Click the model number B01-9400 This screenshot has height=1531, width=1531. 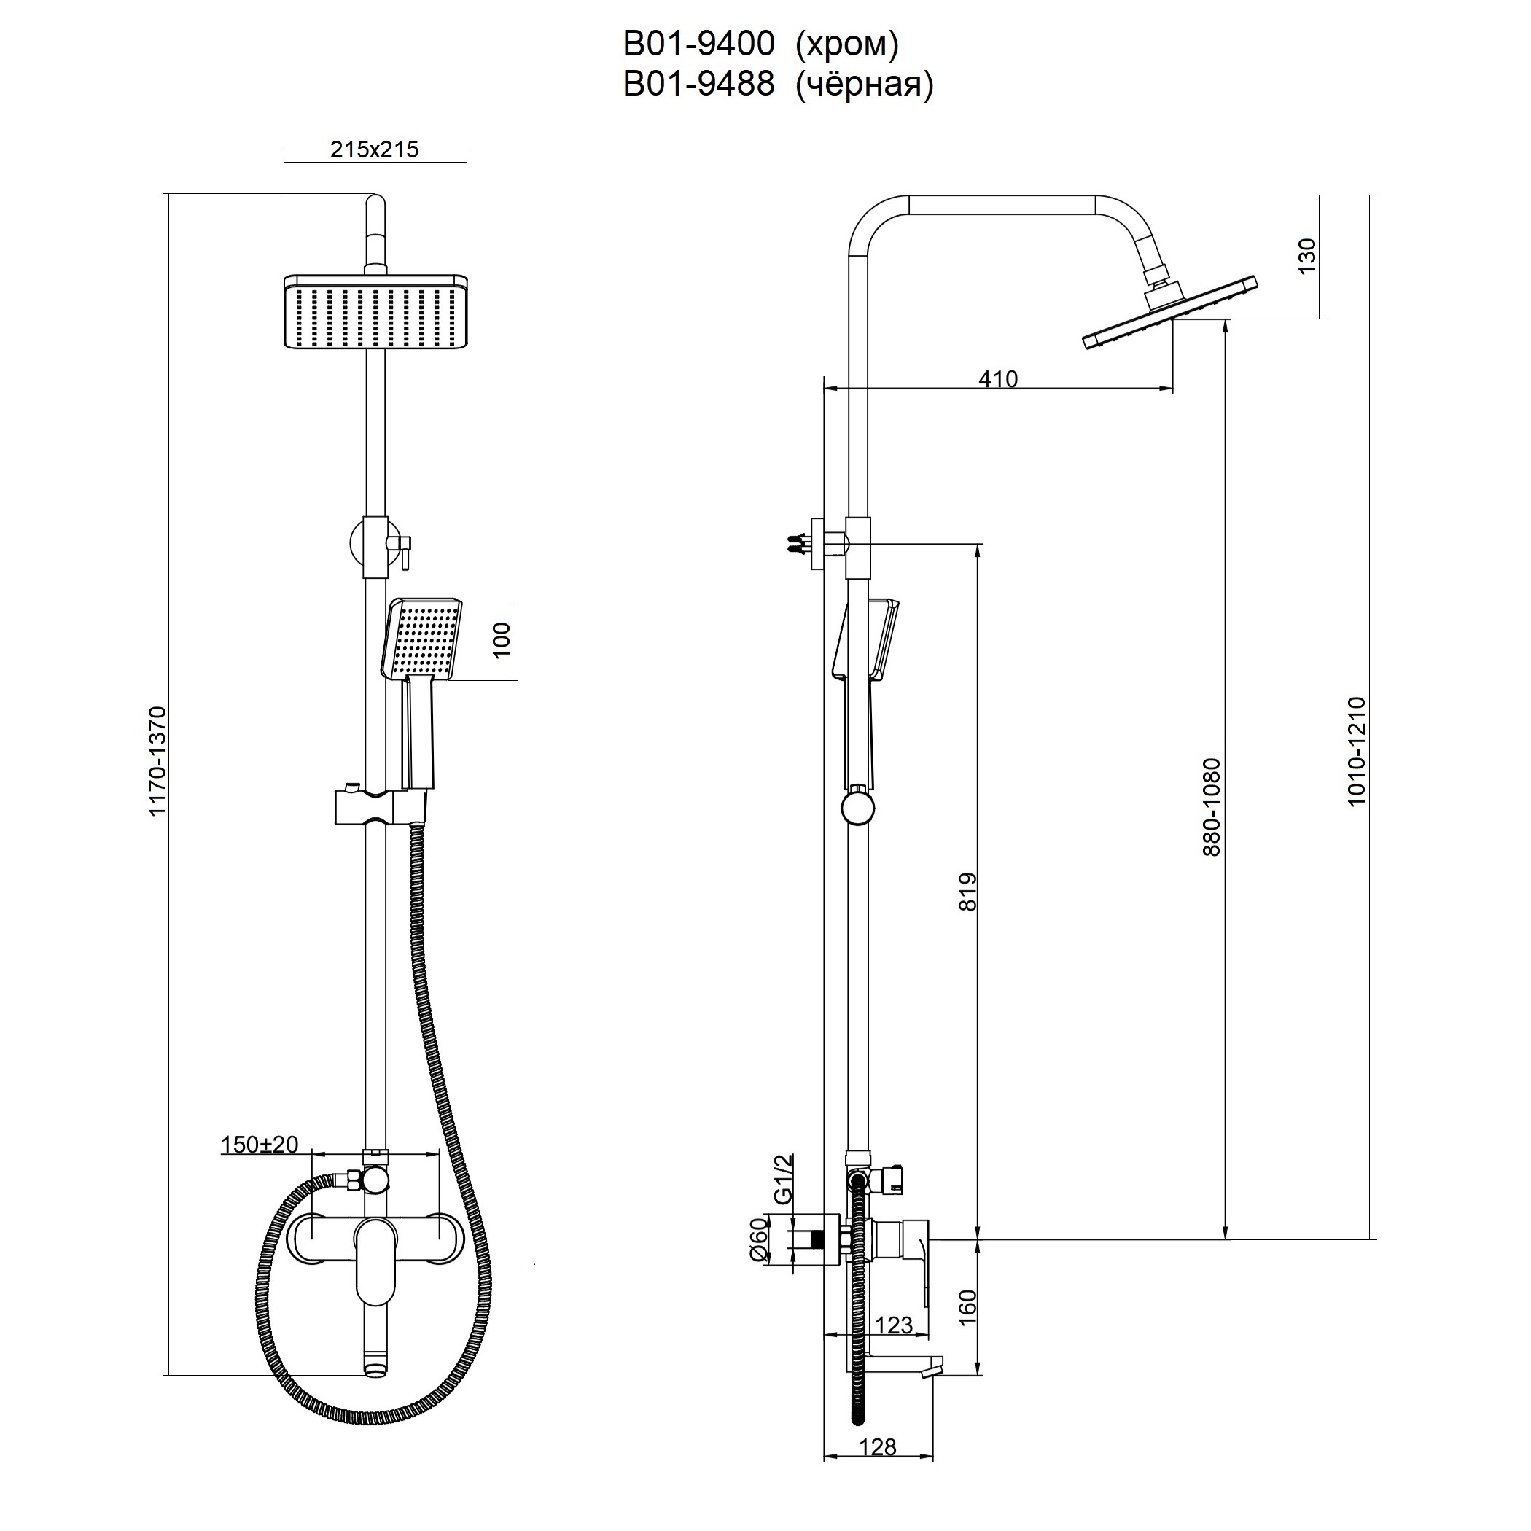tap(698, 44)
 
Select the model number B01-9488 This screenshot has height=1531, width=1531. tap(698, 84)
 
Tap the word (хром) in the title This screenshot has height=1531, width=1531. tap(846, 44)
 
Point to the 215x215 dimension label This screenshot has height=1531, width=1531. tap(374, 149)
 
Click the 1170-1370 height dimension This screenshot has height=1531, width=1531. tap(157, 760)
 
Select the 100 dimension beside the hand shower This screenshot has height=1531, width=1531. tap(501, 640)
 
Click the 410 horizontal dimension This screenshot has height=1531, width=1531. tap(997, 379)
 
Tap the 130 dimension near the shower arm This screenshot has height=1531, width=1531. tap(1306, 256)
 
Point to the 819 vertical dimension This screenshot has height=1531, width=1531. tap(968, 892)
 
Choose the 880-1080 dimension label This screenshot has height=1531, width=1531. tap(1212, 807)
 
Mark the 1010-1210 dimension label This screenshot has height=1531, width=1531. tap(1357, 751)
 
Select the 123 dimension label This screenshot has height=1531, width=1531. tap(894, 1324)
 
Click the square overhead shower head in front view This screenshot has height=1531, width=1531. tap(375, 311)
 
